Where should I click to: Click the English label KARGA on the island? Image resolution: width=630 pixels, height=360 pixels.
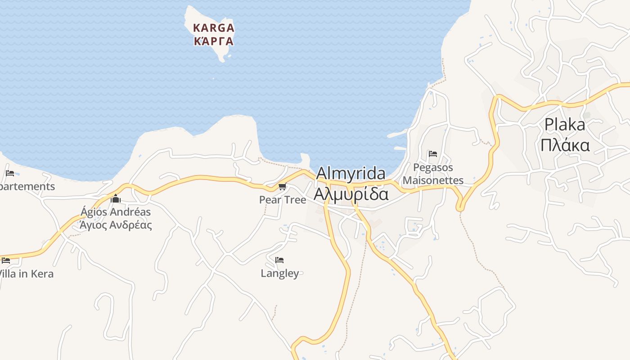(214, 28)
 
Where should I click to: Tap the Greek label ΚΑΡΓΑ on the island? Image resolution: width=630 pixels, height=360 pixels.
(214, 41)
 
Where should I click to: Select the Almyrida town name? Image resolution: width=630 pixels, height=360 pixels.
(351, 174)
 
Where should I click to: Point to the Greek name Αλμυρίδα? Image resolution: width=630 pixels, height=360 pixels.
(351, 193)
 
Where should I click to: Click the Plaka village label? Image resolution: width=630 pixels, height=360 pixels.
(565, 125)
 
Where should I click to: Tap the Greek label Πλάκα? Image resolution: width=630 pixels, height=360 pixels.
(565, 145)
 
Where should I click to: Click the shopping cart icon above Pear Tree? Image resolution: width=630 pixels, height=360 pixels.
(282, 187)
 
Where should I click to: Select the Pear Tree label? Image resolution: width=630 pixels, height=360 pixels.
(283, 199)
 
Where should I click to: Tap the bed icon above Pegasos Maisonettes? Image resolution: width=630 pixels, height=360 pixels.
(433, 154)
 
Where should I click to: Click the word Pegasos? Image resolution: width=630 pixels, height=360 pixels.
(433, 167)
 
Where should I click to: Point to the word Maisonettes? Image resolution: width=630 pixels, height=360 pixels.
(433, 180)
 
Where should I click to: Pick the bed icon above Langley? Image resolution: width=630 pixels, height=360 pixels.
(279, 260)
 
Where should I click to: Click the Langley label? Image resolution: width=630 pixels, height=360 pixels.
(280, 273)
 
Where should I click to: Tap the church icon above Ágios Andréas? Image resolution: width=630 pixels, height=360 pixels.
(116, 198)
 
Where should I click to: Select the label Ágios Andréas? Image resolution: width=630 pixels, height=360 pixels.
(116, 211)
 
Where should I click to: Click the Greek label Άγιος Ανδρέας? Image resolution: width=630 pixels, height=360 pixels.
(116, 225)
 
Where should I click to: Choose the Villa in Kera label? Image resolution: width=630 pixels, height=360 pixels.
(26, 274)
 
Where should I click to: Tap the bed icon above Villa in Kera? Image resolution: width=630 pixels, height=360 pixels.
(6, 260)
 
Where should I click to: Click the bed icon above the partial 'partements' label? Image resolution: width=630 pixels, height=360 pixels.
(10, 173)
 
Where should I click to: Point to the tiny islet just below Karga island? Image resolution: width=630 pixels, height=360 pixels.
(214, 78)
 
